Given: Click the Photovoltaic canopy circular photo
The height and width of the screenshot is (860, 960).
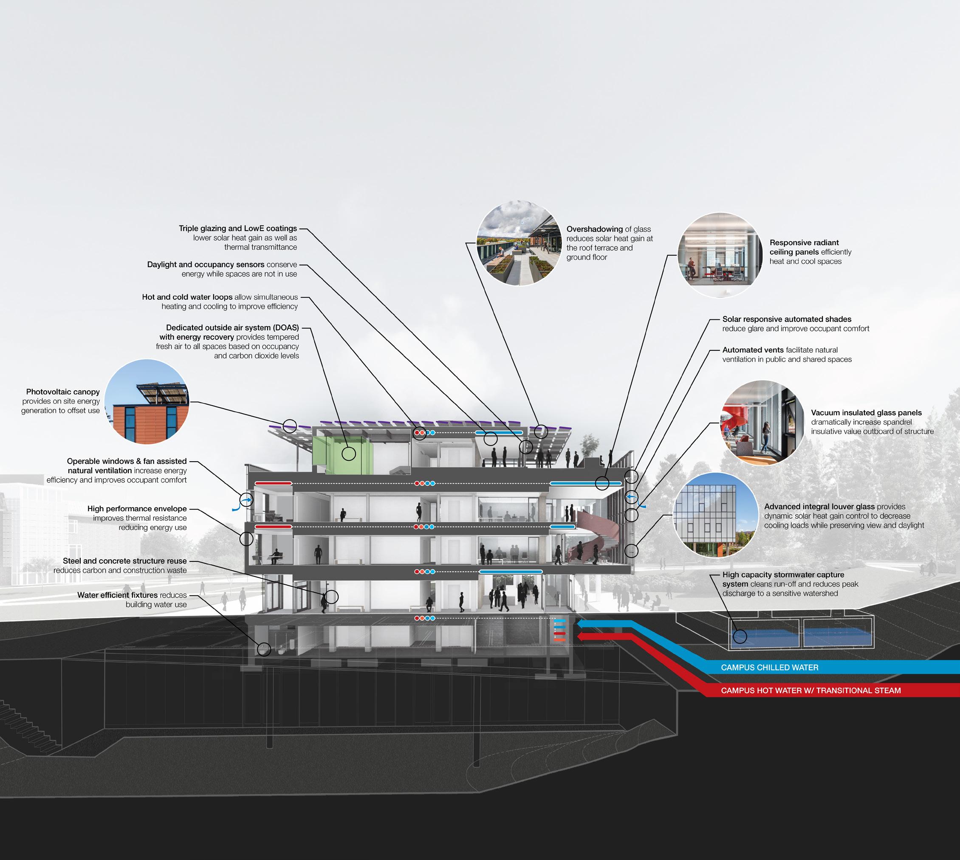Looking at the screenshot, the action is tap(147, 402).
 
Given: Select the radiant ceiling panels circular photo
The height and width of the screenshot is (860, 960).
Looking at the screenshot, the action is tap(720, 255).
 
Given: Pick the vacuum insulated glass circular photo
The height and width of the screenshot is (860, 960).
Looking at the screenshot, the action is tap(762, 423).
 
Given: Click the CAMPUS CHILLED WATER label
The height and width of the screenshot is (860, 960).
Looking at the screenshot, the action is tap(770, 667).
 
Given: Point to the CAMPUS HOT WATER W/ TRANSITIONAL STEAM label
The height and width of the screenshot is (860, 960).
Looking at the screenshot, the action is tap(810, 691).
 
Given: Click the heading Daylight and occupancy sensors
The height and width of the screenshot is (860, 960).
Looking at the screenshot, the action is tap(206, 265).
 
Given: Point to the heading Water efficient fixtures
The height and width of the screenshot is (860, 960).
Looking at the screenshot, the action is tap(118, 595).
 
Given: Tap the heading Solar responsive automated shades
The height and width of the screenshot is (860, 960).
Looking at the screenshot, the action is tap(787, 319).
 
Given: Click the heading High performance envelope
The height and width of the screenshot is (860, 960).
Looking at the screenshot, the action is tap(137, 509).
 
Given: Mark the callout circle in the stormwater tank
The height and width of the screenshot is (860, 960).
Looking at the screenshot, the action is tap(740, 636).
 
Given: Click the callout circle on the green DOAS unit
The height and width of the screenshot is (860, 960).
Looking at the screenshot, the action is tap(349, 454).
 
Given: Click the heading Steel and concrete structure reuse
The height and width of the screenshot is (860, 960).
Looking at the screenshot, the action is tap(125, 561).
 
